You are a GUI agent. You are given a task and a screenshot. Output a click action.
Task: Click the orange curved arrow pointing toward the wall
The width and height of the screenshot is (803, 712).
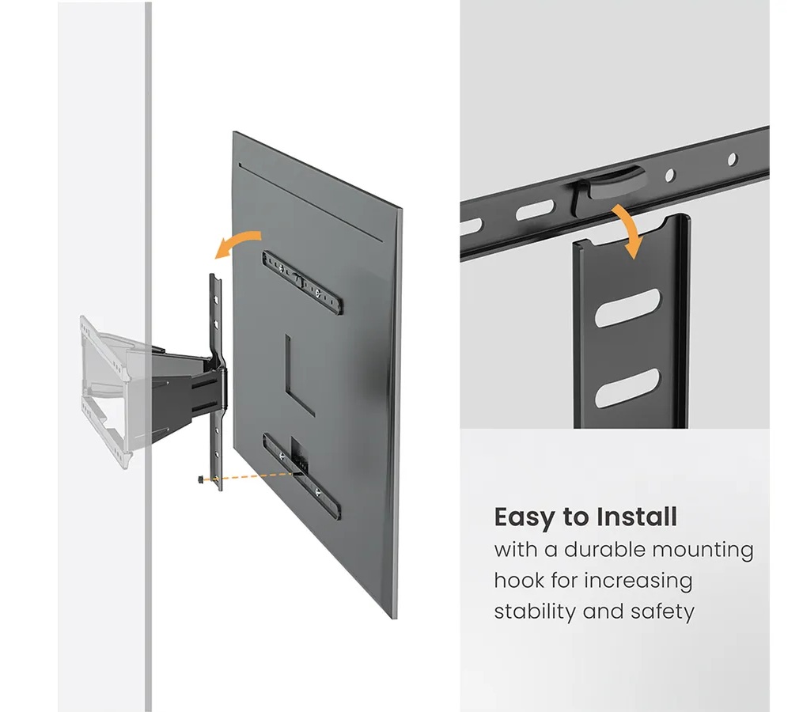tap(238, 242)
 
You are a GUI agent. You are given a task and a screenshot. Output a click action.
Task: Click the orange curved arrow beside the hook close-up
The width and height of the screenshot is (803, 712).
tap(628, 229)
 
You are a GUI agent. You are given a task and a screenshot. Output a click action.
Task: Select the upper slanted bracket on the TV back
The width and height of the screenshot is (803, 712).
tap(302, 282)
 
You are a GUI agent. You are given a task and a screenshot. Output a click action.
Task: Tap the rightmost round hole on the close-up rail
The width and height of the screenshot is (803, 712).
tap(733, 159)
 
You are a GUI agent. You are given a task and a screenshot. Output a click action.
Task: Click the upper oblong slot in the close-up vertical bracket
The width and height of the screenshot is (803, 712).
tap(627, 308)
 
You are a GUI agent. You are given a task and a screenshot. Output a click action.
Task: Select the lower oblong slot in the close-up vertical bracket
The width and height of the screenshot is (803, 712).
tap(627, 388)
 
